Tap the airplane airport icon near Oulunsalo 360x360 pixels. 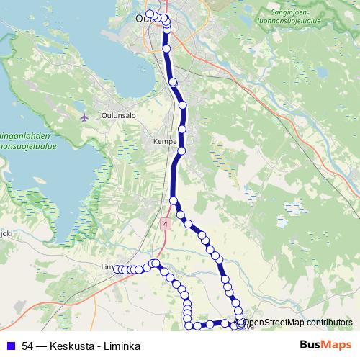point(85,116)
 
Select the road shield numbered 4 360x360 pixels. point(166,224)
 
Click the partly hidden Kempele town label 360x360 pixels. point(165,143)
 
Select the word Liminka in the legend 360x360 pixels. point(122,346)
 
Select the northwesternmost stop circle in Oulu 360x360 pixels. point(149,14)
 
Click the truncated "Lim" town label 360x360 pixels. point(108,266)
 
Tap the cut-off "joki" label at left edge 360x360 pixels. point(6,233)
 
